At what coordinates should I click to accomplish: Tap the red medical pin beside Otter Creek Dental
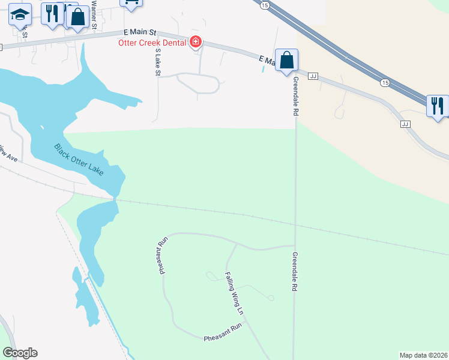[x=195, y=42]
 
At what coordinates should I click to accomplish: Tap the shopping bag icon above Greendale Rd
[x=287, y=60]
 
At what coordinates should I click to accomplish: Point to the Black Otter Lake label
[x=79, y=160]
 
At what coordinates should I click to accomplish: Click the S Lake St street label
[x=158, y=62]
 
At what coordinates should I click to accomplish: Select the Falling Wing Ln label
[x=234, y=293]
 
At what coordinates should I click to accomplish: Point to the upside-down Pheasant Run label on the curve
[x=162, y=256]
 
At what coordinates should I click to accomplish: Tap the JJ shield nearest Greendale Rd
[x=313, y=76]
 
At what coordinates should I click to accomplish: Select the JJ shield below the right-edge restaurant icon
[x=405, y=124]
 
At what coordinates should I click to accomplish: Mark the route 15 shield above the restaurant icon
[x=385, y=82]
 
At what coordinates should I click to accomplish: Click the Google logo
[x=20, y=352]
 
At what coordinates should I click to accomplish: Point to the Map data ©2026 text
[x=423, y=355]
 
